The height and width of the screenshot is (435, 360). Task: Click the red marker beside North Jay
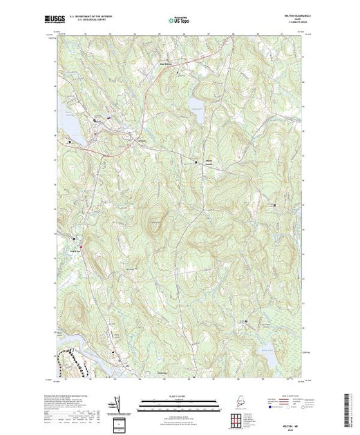coord(81,245)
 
